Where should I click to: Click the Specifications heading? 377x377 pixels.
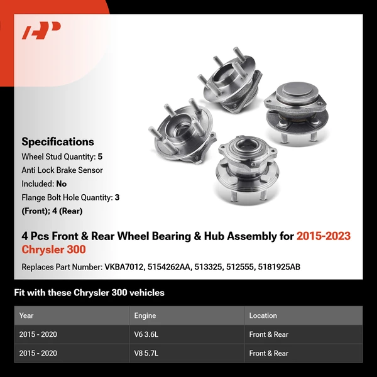click(x=58, y=142)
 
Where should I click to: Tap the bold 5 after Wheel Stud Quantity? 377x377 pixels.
click(x=100, y=156)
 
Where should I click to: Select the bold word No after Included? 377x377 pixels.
click(x=62, y=183)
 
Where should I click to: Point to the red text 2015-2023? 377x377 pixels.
click(x=324, y=236)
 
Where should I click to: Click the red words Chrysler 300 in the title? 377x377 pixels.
click(x=53, y=249)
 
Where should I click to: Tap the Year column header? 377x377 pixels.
click(x=26, y=315)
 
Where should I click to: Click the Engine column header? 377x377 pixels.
click(x=145, y=315)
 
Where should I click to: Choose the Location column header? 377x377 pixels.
click(x=263, y=315)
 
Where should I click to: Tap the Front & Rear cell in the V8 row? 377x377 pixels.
click(x=269, y=353)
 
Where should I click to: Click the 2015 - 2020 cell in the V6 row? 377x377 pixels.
click(x=38, y=334)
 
